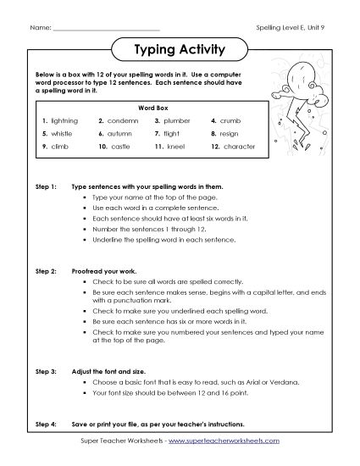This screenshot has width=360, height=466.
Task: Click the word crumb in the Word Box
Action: [236, 121]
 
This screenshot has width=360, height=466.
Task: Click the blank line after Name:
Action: [106, 30]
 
